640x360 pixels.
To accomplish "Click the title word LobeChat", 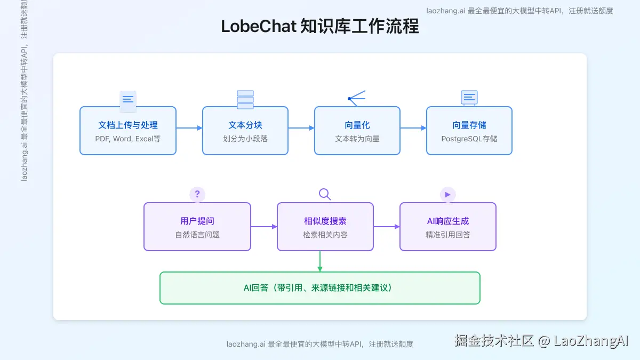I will [x=258, y=27].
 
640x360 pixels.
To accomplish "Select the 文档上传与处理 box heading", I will [x=128, y=125].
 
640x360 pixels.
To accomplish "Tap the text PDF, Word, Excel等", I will [x=128, y=139].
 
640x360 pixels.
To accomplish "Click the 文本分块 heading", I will [x=245, y=125].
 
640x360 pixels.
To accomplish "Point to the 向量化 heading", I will [x=357, y=125].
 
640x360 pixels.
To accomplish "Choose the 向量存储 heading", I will [x=469, y=125].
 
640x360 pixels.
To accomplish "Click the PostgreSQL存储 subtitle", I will [x=469, y=139].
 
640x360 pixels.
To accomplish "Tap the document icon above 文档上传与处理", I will [x=128, y=100].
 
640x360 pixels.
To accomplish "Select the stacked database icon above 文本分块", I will [x=245, y=100].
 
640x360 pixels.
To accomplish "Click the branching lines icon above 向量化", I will [x=356, y=98].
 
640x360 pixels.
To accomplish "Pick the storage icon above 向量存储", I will [x=469, y=98].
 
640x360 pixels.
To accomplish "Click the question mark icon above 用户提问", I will [x=197, y=194].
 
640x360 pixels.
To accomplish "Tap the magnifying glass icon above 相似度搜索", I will [x=325, y=194].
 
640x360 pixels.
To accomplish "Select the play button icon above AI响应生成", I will [x=447, y=194].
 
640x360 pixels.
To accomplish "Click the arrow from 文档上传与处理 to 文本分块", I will [x=189, y=128].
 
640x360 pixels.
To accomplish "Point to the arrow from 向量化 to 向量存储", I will [x=413, y=128].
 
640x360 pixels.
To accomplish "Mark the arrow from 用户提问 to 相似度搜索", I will [x=264, y=227].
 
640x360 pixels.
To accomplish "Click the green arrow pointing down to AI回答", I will [x=320, y=261].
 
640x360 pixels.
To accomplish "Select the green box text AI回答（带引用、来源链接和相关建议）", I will [x=320, y=288].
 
